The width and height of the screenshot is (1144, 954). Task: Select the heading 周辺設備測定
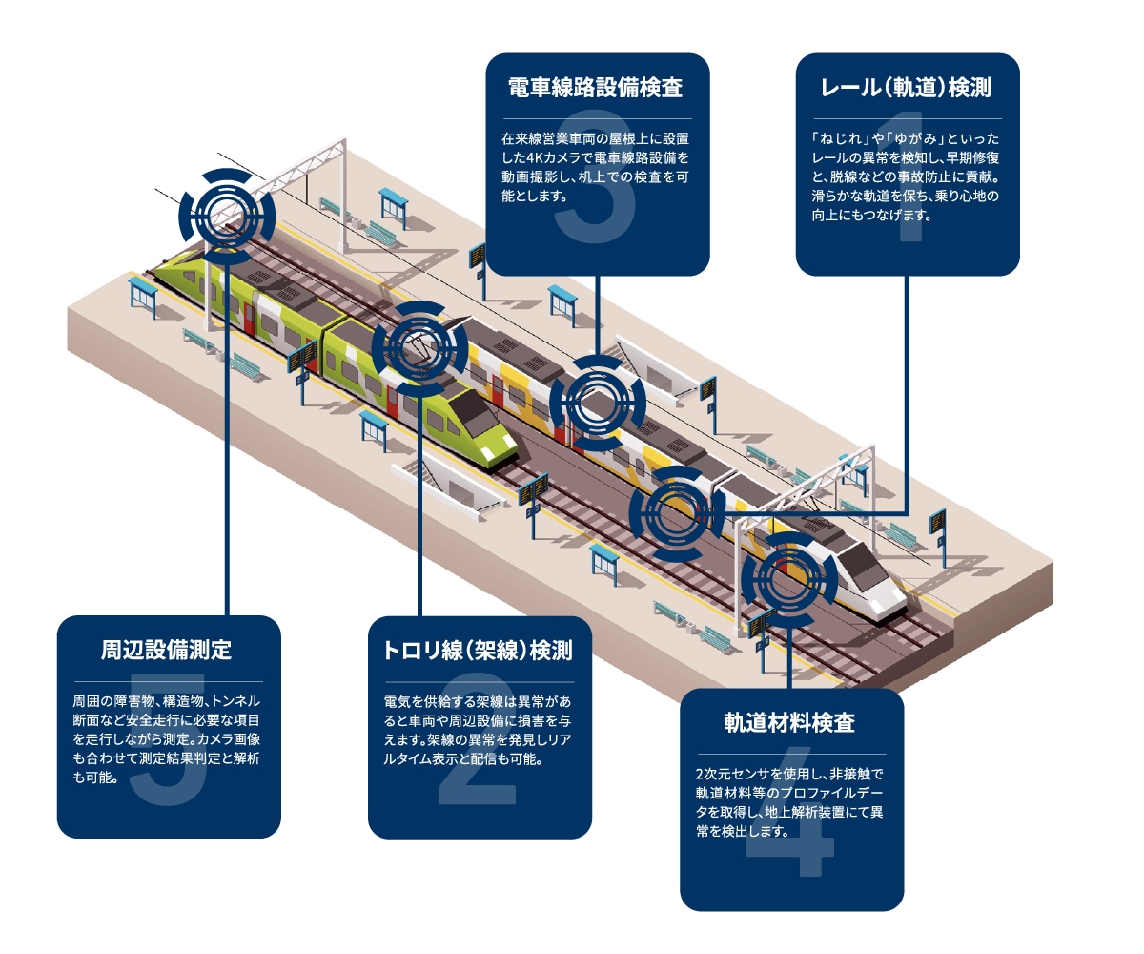click(x=168, y=652)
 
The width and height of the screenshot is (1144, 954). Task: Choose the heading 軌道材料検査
click(x=790, y=723)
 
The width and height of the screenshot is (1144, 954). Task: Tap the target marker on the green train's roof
click(x=419, y=348)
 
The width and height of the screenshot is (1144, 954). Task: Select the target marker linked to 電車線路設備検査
click(x=597, y=402)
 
